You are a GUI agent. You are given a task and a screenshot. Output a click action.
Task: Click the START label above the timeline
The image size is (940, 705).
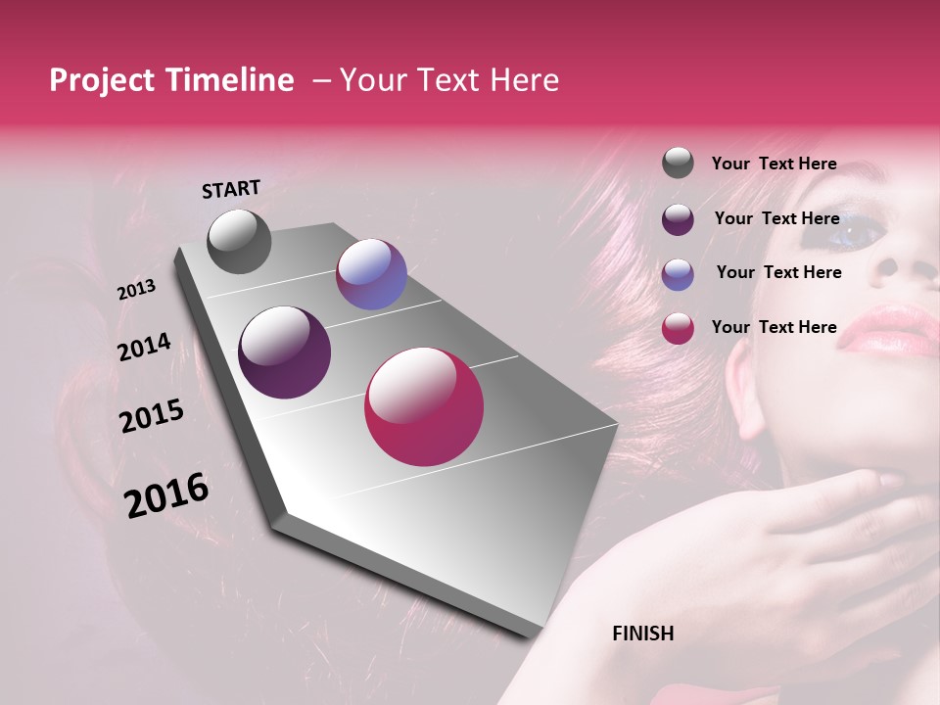tap(231, 189)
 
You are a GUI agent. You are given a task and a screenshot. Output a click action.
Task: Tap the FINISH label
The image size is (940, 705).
tap(642, 634)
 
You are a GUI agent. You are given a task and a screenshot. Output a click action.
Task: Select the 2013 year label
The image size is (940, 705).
tap(137, 290)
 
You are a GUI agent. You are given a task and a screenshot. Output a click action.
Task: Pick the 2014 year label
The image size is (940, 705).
tap(144, 348)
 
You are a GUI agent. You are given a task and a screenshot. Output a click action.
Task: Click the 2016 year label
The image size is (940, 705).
tap(166, 494)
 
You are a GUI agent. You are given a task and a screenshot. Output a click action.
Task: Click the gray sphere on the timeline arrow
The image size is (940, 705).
tap(239, 241)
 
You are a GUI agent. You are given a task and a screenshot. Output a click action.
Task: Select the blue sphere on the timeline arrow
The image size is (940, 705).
tap(371, 274)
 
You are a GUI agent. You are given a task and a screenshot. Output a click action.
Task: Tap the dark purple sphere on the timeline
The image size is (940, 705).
tap(284, 352)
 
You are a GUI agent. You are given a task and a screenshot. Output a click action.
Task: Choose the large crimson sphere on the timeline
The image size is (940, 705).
tap(424, 406)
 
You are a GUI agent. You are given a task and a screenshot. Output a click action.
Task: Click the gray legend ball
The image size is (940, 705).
tap(678, 163)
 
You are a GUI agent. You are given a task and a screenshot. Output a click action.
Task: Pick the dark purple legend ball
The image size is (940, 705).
tap(678, 219)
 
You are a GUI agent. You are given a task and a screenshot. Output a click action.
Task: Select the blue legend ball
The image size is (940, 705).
tap(678, 274)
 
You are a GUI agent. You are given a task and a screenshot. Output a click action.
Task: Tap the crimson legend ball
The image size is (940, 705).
tap(678, 328)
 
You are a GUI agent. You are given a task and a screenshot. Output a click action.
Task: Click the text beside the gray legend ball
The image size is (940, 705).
tap(774, 164)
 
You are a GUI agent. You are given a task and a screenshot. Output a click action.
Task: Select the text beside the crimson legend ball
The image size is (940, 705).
tap(774, 327)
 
